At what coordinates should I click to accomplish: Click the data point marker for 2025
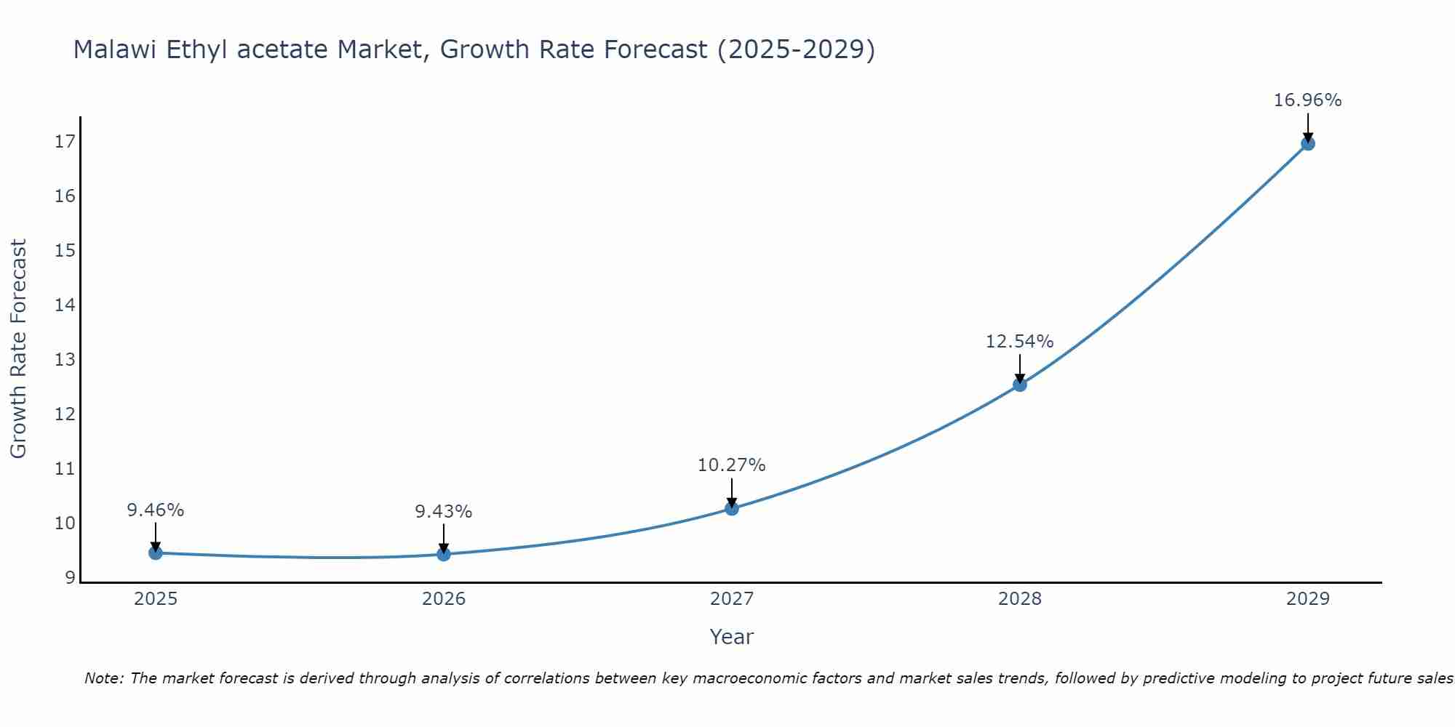[x=155, y=553]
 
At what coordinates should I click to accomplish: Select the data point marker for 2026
[x=444, y=555]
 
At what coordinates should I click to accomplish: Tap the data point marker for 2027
[x=732, y=509]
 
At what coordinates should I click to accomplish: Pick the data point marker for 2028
[x=1020, y=385]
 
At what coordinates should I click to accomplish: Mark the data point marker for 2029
[x=1308, y=144]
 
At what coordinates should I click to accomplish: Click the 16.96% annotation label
[x=1307, y=100]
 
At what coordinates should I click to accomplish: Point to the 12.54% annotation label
[x=1019, y=342]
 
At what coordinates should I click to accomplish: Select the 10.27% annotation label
[x=731, y=465]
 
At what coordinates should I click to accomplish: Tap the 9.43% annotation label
[x=443, y=512]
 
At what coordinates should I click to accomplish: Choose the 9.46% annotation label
[x=155, y=510]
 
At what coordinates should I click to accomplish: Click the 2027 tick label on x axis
[x=732, y=599]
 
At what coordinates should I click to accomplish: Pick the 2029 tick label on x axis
[x=1308, y=599]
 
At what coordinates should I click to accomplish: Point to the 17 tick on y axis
[x=65, y=142]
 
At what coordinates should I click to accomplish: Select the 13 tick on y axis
[x=65, y=360]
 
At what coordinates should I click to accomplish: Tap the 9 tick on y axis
[x=70, y=578]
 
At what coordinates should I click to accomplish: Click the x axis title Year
[x=731, y=637]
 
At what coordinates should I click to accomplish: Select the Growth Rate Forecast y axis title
[x=18, y=349]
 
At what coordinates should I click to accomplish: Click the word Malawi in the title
[x=115, y=50]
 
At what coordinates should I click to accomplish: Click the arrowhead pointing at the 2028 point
[x=1020, y=378]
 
